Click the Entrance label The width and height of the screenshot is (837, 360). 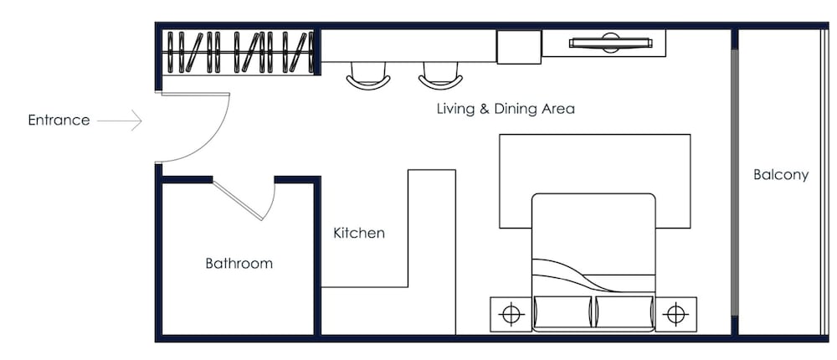tap(59, 121)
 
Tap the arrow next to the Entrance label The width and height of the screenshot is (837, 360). tap(119, 121)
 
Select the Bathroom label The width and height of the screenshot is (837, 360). tap(239, 264)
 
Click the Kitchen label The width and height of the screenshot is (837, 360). tap(359, 233)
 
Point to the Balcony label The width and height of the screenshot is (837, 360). tap(781, 175)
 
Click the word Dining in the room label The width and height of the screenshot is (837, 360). tap(516, 109)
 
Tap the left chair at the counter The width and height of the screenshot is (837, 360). tap(367, 76)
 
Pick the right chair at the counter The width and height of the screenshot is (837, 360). tap(440, 76)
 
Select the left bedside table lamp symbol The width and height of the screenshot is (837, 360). tap(511, 314)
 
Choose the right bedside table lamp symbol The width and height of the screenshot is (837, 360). tap(675, 314)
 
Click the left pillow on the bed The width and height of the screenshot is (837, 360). tap(562, 311)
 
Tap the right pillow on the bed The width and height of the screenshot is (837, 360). tap(624, 311)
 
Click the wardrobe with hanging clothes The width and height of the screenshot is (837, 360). tap(239, 52)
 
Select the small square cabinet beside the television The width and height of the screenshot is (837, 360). tap(519, 47)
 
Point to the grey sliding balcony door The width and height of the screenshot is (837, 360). tap(735, 183)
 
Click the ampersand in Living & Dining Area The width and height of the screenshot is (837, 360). tap(484, 109)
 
